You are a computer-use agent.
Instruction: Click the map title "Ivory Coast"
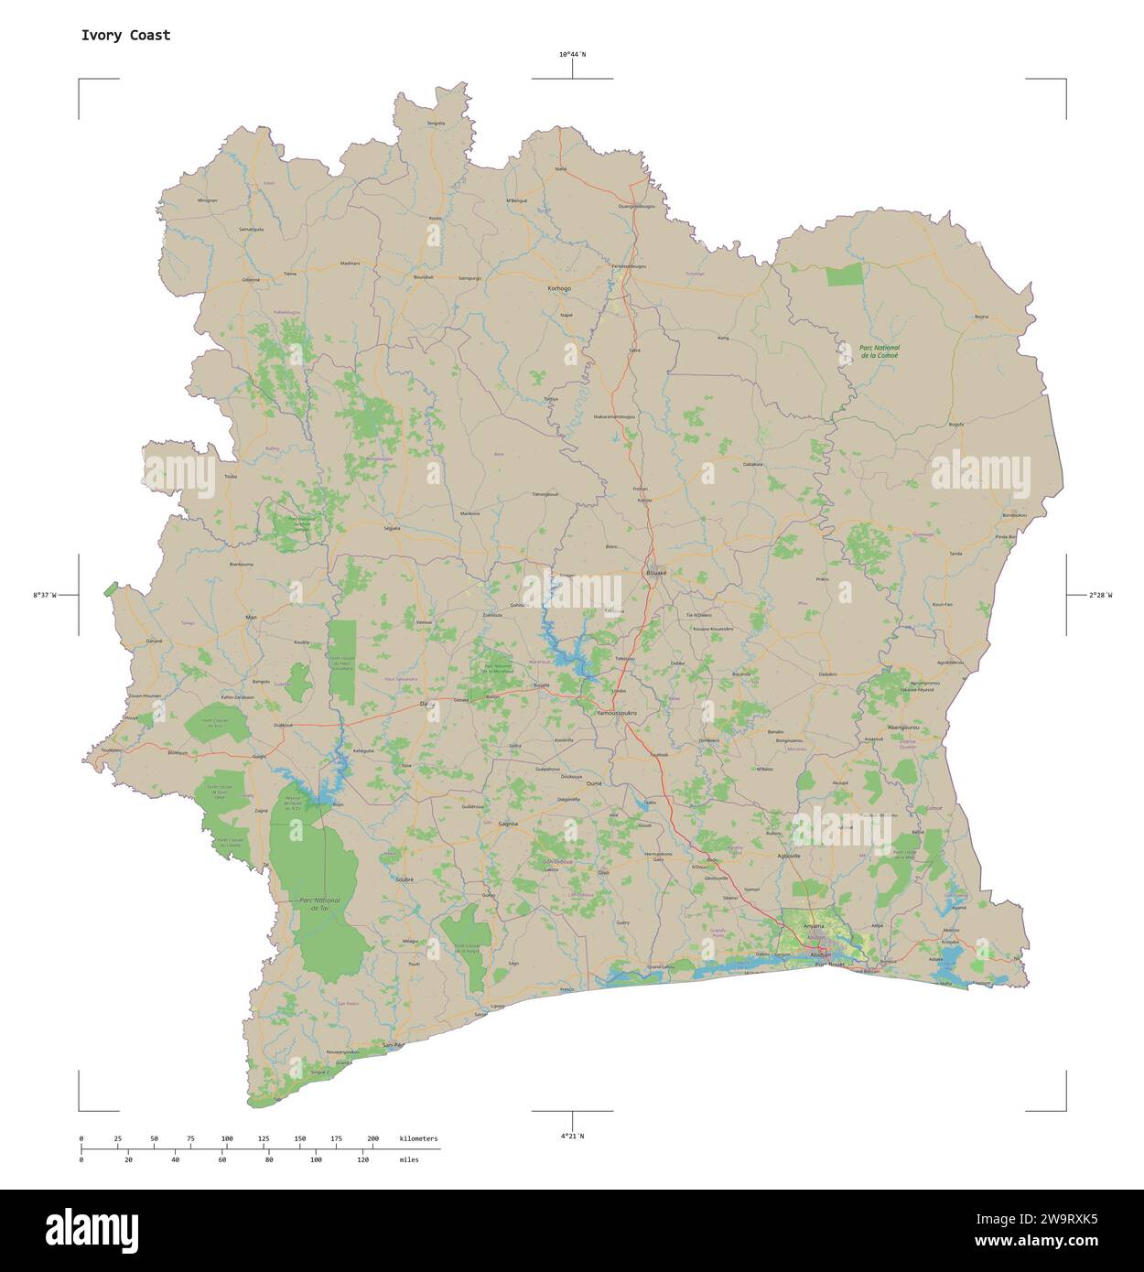[125, 36]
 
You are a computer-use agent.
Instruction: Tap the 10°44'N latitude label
[573, 55]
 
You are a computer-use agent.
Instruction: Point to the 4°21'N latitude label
[573, 1136]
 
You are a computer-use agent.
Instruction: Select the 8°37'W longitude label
[45, 596]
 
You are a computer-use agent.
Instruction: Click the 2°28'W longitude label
[1100, 596]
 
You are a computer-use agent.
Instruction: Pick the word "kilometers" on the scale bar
[418, 1138]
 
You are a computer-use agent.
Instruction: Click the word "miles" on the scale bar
[409, 1159]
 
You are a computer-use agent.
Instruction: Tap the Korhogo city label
[558, 288]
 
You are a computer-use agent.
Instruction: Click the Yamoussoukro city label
[616, 712]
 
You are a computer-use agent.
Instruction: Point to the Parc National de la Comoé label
[880, 350]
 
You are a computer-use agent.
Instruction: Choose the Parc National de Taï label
[319, 903]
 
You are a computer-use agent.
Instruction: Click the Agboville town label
[789, 857]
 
